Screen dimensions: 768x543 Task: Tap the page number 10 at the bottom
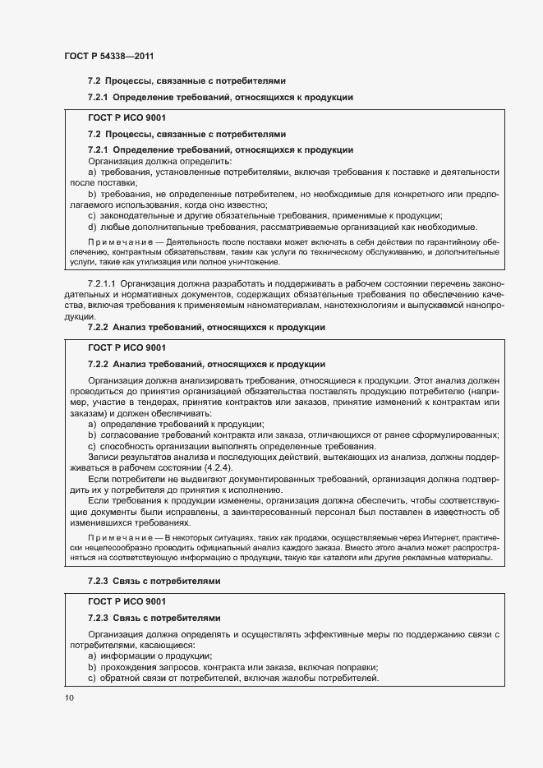coord(69,697)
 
